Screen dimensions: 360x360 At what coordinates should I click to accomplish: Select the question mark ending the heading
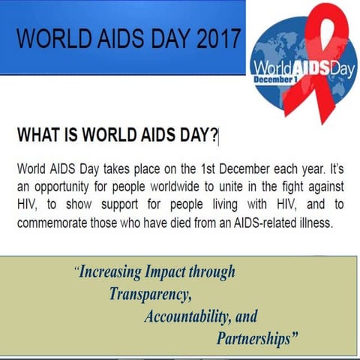point(214,136)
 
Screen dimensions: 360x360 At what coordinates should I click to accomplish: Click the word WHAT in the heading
point(36,136)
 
